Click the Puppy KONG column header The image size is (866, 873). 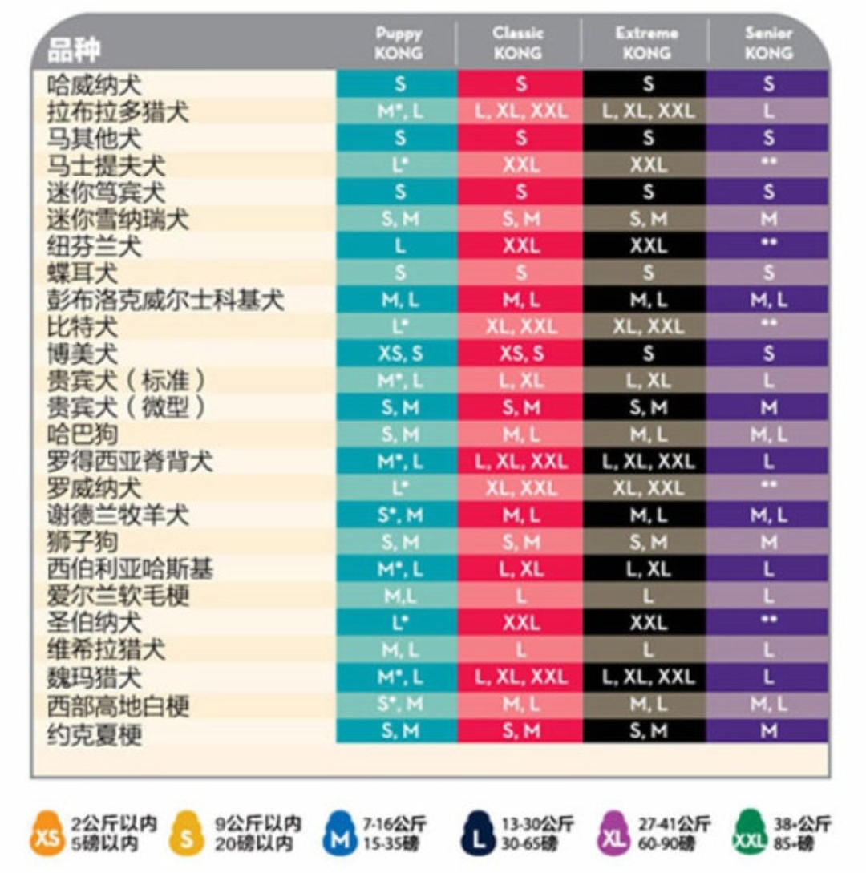tap(399, 44)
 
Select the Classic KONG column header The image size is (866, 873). tap(518, 44)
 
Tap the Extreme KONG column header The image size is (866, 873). tap(646, 44)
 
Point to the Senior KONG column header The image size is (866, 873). tap(768, 44)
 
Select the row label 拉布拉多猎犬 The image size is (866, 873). tap(119, 111)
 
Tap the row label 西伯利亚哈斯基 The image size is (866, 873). tap(130, 570)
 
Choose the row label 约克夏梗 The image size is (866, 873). tap(95, 732)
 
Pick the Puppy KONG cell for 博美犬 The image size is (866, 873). tap(399, 354)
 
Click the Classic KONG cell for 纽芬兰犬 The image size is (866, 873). tap(521, 246)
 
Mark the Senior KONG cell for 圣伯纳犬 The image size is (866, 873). tap(768, 622)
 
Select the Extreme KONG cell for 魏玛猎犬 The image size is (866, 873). tap(646, 677)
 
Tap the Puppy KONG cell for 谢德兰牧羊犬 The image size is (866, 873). tap(399, 515)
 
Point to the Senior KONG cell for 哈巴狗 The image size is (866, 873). tap(768, 434)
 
